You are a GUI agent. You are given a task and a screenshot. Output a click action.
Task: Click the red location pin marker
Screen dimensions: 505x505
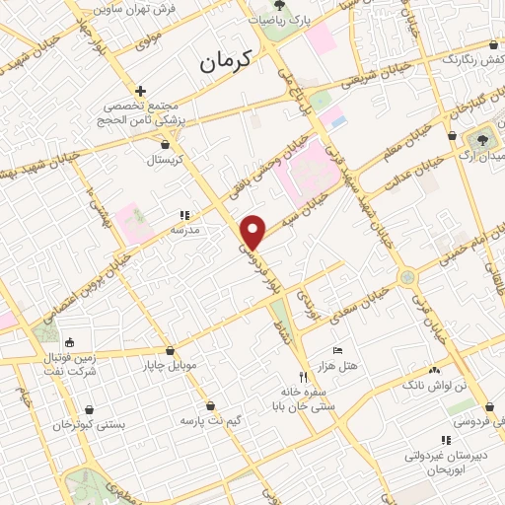254,232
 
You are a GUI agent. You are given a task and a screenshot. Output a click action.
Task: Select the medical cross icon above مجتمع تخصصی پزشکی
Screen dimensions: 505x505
142,91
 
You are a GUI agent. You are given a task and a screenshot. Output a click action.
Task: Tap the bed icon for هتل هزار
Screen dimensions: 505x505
338,350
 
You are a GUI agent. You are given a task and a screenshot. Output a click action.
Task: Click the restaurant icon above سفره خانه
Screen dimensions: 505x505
304,376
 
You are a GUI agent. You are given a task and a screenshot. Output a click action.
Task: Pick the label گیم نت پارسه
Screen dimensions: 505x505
210,420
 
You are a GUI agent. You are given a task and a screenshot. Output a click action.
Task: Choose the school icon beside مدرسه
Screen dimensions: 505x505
182,214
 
